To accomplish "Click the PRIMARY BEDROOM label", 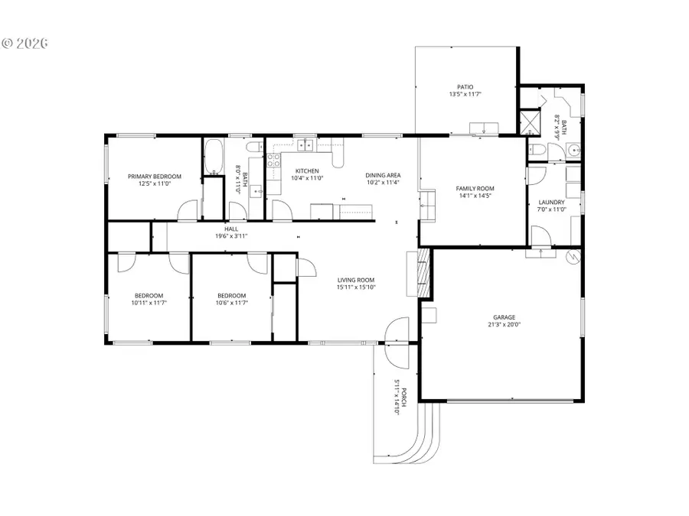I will click(x=154, y=177).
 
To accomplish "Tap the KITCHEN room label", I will click(x=307, y=170).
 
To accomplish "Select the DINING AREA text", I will click(x=382, y=175).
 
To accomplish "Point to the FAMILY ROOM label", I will click(x=475, y=188).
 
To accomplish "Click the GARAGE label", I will click(x=504, y=317).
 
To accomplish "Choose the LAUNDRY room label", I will click(x=550, y=203).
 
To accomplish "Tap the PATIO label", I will click(x=465, y=87).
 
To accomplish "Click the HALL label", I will click(x=231, y=229).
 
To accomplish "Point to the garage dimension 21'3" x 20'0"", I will click(x=504, y=325).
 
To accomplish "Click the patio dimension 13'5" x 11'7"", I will click(x=465, y=95).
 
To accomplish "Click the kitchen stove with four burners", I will click(x=273, y=161).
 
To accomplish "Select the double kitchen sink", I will click(x=305, y=143).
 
